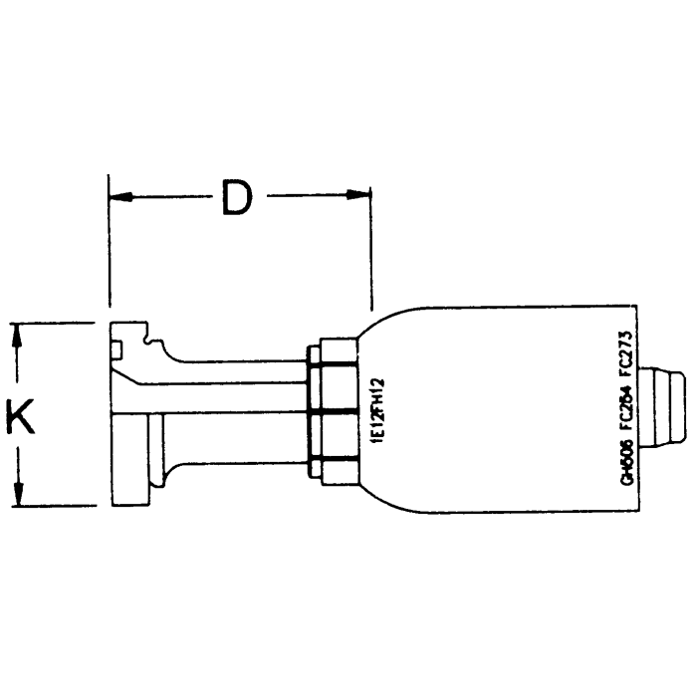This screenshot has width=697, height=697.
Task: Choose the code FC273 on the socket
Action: coord(627,348)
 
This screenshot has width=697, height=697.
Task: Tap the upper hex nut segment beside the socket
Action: coord(331,376)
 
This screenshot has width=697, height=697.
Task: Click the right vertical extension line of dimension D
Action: coord(370,249)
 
